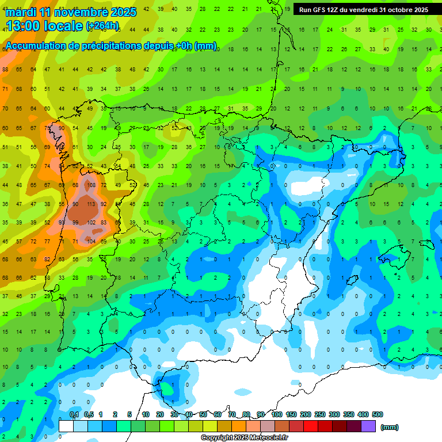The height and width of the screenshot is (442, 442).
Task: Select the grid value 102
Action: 90,222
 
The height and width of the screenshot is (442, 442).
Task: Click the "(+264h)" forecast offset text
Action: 102,26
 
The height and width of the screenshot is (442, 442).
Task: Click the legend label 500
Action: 377,414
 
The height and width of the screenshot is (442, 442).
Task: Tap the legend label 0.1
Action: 74,414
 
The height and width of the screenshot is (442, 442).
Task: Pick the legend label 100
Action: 276,414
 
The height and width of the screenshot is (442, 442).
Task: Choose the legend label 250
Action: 319,414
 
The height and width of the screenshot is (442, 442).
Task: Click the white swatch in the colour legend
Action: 66,426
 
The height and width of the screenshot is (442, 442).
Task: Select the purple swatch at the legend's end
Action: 369,426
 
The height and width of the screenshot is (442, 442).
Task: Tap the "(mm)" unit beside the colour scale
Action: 390,427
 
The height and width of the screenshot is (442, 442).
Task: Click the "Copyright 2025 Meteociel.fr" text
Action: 244,437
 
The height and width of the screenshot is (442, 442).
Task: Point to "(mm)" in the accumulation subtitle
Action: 205,45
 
